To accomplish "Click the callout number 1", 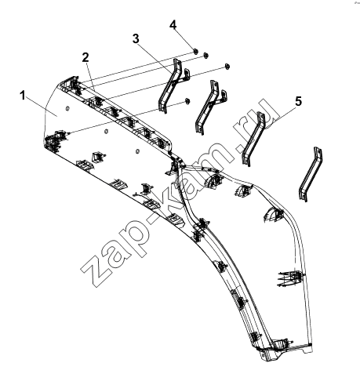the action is [23, 96].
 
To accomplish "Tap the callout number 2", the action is [85, 57].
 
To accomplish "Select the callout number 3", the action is [136, 38].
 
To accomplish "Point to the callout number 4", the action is [173, 25].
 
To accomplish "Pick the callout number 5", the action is [298, 101].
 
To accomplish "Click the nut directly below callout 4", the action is [195, 51].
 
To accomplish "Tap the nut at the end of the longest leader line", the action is [187, 100].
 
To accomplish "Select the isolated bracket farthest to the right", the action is [311, 174].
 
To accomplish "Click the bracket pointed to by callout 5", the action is [253, 139].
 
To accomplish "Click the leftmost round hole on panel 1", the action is [67, 108].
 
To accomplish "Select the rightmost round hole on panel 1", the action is [137, 151].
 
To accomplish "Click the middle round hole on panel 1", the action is [106, 131].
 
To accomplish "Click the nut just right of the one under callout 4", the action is [205, 55].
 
